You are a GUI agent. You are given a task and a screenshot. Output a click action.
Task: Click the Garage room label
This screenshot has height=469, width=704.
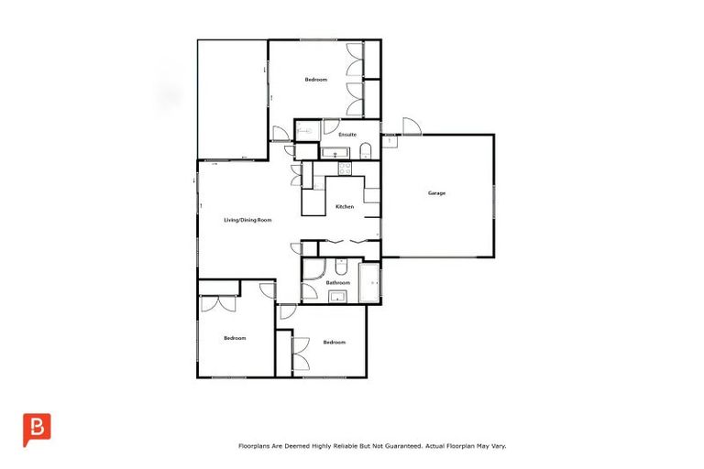437,193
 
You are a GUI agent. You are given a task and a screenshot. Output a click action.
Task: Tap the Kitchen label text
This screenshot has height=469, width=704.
344,207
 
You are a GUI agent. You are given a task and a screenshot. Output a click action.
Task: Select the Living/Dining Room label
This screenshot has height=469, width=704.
248,221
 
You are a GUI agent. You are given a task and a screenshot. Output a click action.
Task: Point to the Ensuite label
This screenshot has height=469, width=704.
346,135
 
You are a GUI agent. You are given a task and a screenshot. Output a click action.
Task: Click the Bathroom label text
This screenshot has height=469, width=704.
338,283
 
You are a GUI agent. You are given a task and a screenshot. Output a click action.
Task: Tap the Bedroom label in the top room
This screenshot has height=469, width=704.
315,80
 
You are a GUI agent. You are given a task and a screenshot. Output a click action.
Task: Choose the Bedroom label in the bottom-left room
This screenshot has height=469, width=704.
235,338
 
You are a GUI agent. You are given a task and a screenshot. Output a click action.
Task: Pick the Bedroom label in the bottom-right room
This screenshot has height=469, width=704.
334,342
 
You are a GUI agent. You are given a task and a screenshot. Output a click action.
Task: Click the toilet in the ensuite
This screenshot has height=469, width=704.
366,150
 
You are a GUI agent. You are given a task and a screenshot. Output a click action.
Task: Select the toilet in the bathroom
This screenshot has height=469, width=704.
340,267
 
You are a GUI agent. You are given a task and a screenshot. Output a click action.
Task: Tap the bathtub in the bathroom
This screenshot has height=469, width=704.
370,283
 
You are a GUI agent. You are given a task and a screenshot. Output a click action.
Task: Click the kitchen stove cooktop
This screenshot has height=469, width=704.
345,169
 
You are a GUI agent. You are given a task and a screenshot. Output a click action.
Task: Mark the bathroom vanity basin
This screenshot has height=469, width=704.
336,296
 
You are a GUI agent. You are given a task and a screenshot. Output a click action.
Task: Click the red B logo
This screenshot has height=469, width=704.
37,429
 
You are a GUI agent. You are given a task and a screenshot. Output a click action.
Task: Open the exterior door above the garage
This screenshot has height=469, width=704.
410,127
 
